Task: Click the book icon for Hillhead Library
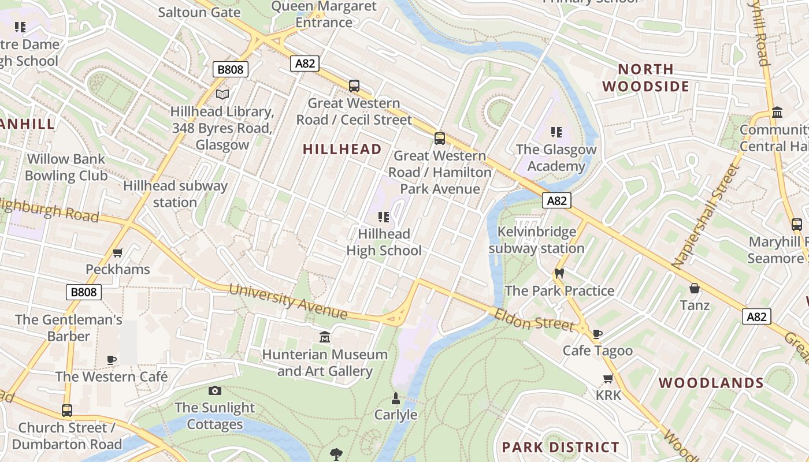[x=222, y=94]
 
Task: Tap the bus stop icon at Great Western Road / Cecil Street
[x=354, y=86]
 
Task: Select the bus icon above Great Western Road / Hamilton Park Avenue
[x=440, y=138]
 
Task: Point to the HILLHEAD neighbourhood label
[x=342, y=149]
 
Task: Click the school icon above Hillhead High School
[x=383, y=217]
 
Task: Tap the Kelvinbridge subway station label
[x=536, y=240]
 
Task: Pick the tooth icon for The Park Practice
[x=559, y=273]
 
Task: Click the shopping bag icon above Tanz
[x=695, y=288]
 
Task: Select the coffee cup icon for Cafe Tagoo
[x=598, y=333]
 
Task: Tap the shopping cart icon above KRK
[x=608, y=378]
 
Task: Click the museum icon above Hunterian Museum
[x=325, y=337]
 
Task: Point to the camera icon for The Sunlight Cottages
[x=214, y=390]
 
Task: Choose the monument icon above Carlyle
[x=396, y=398]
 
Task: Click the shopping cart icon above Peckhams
[x=118, y=252]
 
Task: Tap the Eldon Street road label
[x=534, y=319]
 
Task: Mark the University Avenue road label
[x=288, y=301]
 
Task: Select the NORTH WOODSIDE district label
[x=646, y=78]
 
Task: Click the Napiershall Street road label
[x=706, y=217]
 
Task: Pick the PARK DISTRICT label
[x=561, y=447]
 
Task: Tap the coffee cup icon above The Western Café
[x=112, y=360]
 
